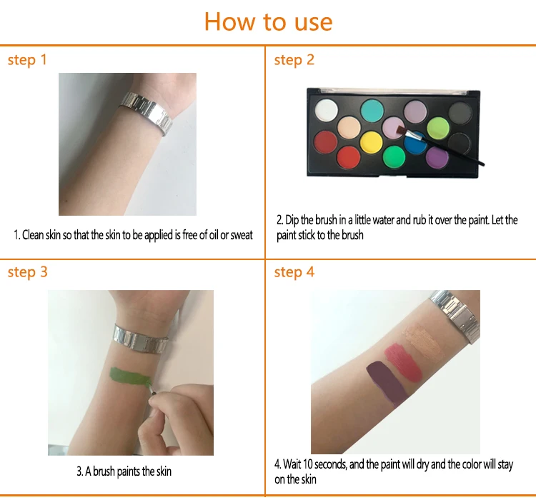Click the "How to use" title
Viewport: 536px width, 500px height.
(268, 22)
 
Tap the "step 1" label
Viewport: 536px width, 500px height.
(27, 60)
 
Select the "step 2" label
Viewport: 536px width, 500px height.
(294, 60)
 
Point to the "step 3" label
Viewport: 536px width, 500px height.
(27, 272)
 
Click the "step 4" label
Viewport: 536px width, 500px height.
(294, 272)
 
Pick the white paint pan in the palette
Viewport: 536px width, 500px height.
(326, 110)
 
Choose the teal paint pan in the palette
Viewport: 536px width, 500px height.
(372, 111)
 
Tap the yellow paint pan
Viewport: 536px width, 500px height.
(371, 143)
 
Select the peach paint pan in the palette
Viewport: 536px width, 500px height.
(349, 127)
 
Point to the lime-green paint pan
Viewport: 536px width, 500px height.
(438, 128)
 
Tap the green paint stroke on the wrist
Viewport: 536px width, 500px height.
(131, 377)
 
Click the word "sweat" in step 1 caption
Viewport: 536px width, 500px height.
(242, 235)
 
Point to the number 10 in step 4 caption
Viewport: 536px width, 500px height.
(307, 464)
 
